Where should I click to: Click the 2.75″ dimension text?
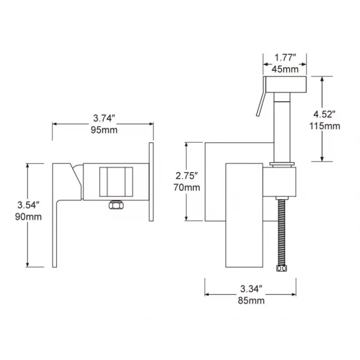(187, 176)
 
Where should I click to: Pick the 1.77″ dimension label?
(284, 58)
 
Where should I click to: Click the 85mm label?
(251, 301)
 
